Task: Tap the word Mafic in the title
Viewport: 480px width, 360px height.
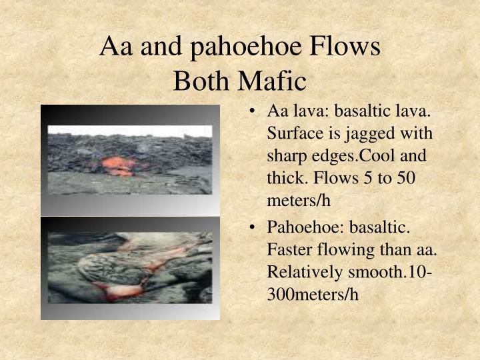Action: point(273,81)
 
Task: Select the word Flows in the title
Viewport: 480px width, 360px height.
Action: point(345,45)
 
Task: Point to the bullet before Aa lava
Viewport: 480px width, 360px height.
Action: point(252,111)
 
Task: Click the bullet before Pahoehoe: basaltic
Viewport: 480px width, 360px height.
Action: point(252,227)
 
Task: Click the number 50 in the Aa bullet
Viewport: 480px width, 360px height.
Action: point(406,178)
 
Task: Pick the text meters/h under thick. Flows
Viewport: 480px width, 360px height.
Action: point(299,201)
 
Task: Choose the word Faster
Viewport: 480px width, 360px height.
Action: point(289,249)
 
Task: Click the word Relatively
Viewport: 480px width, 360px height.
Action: point(305,272)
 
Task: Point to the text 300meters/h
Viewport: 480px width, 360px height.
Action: point(313,295)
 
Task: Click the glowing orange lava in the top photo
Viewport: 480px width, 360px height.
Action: point(119,165)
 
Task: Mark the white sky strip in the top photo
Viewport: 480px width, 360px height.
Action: point(130,131)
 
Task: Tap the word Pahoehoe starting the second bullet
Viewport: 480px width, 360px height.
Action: point(306,227)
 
